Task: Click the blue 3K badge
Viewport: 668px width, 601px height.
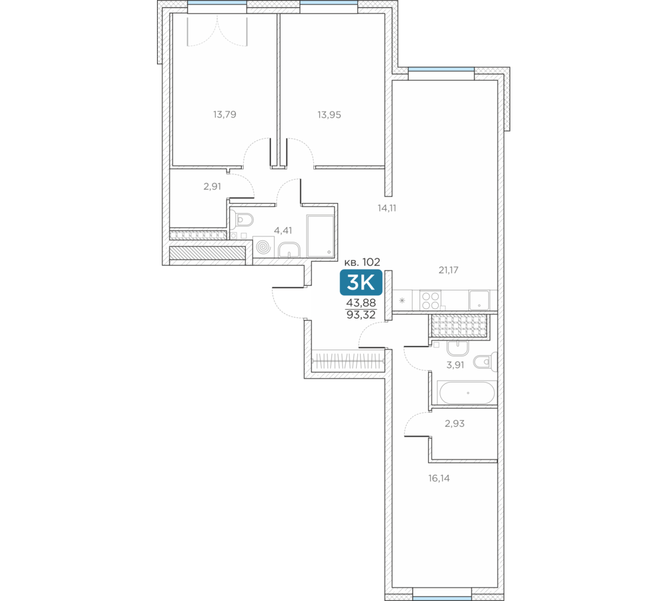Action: [361, 282]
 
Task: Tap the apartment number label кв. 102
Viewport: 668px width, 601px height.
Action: [362, 262]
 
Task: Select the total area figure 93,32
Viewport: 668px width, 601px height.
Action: [361, 315]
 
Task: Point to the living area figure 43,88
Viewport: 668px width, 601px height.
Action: [361, 303]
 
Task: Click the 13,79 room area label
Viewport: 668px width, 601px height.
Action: [224, 115]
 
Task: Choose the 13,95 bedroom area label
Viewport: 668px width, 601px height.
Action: [329, 115]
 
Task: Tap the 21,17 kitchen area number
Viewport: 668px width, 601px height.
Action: [449, 270]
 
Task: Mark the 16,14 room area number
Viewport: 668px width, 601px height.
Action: [440, 478]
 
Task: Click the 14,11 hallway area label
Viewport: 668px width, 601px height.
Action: [387, 208]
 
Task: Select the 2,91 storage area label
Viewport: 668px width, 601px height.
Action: [212, 186]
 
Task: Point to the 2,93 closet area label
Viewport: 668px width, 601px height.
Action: [454, 423]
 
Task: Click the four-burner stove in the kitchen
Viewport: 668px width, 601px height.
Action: [431, 300]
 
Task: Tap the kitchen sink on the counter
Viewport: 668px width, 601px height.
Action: [479, 300]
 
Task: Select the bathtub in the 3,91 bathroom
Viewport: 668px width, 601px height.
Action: [468, 393]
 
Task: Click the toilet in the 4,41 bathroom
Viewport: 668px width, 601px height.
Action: [244, 219]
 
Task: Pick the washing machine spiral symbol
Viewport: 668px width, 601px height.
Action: [263, 246]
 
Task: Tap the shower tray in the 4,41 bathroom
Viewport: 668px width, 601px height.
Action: [321, 236]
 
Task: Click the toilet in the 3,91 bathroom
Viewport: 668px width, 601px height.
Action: [486, 362]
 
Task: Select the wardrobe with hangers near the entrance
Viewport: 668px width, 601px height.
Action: [349, 361]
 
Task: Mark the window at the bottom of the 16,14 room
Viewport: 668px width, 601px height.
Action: [442, 592]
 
